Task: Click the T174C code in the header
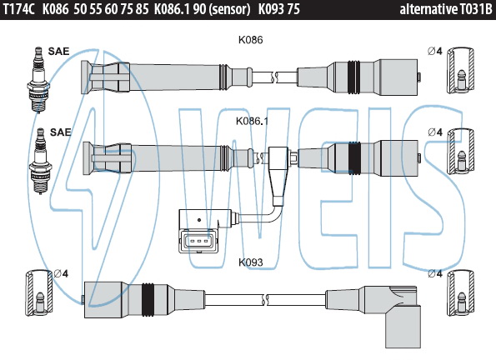click(x=19, y=9)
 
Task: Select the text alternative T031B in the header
click(x=446, y=9)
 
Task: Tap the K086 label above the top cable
click(x=251, y=40)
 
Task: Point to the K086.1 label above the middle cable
click(x=252, y=121)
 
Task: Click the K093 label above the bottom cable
click(x=251, y=262)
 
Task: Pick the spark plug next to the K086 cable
click(x=38, y=79)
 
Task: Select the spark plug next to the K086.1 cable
click(x=40, y=161)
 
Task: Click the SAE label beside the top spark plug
click(x=58, y=51)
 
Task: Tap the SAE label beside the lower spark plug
click(x=60, y=132)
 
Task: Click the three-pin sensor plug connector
click(x=198, y=242)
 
